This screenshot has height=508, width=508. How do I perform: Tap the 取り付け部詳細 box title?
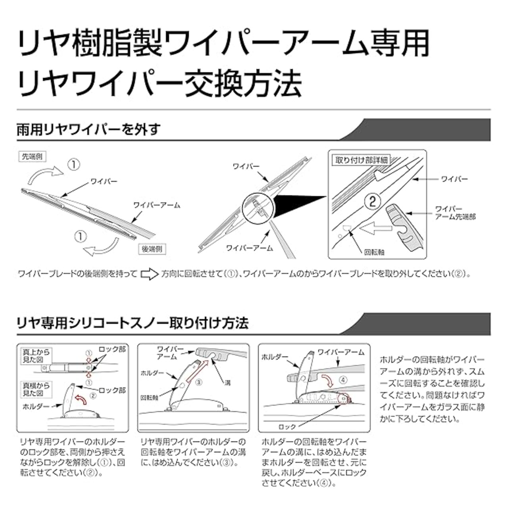point(362,160)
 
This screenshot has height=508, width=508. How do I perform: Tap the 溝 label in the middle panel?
point(227,383)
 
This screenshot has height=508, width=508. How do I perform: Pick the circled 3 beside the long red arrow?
point(199,382)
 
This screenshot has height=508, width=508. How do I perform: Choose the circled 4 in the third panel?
point(343,379)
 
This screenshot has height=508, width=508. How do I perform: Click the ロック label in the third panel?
point(287,427)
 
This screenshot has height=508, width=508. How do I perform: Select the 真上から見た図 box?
point(35,356)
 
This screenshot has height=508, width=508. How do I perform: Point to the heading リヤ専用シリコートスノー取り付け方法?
point(132,323)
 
